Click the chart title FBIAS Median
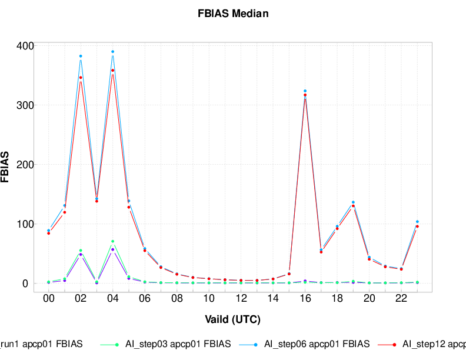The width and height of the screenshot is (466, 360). point(233,14)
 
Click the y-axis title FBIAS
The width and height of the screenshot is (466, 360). point(5,167)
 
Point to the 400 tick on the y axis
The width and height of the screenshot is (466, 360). point(25,46)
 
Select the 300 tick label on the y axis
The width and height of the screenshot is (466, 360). point(25,105)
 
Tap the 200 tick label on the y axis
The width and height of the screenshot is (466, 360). point(25,165)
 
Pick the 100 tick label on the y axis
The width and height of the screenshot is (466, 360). point(25,224)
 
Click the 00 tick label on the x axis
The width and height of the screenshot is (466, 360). point(49,299)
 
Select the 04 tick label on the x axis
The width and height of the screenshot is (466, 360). point(112,299)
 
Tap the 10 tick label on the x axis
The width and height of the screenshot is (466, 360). point(209,299)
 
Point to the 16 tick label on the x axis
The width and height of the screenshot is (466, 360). point(305,299)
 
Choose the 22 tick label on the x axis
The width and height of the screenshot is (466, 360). point(401,299)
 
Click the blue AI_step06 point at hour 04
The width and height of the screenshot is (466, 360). point(112,52)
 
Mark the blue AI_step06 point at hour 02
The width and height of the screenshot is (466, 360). point(81,56)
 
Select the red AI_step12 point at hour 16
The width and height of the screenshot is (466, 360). point(305,95)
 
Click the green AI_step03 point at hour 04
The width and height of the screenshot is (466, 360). point(112,241)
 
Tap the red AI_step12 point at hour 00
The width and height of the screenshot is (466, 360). point(49,233)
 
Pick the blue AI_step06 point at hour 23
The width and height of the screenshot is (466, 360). point(417,222)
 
